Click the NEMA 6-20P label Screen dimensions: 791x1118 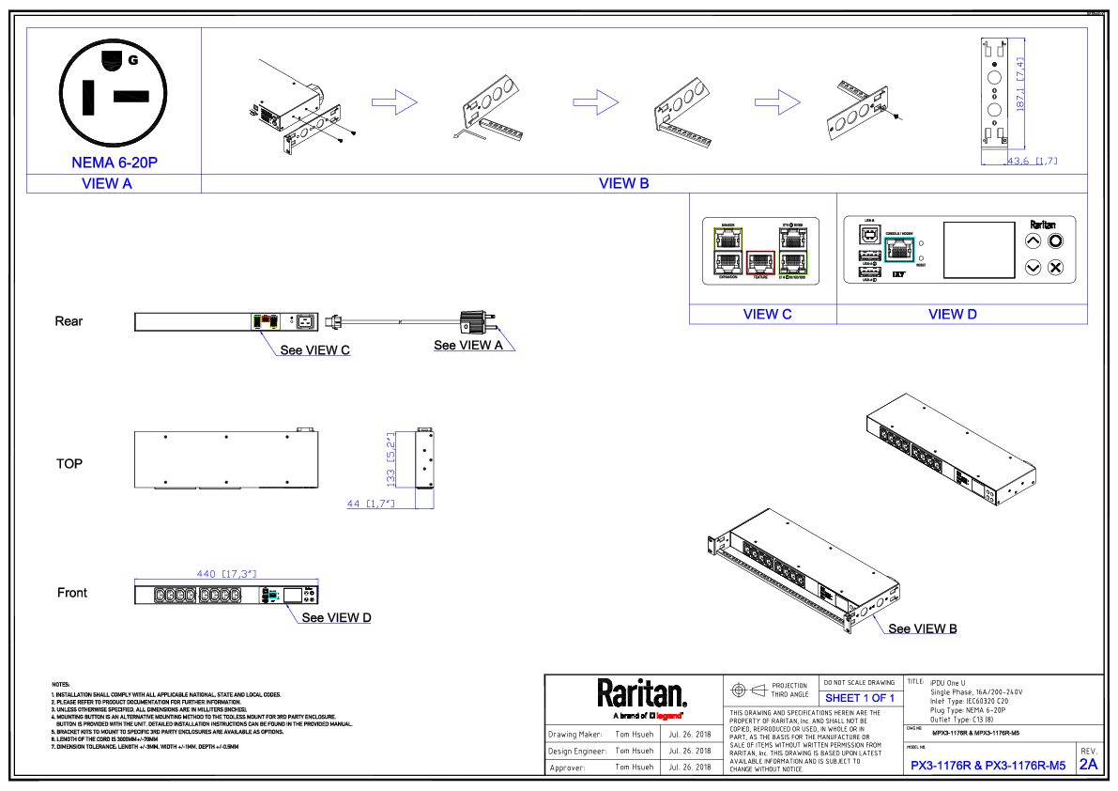click(115, 163)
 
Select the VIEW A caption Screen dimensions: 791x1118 click(107, 184)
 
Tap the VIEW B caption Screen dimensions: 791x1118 click(624, 184)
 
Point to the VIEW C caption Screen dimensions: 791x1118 click(768, 315)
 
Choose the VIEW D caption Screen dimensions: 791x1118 click(953, 315)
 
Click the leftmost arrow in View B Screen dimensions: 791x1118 click(394, 102)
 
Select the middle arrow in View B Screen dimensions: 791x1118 click(596, 102)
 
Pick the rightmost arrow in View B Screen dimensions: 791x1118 click(777, 102)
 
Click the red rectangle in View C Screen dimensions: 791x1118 click(760, 262)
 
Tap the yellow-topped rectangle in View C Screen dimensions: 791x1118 click(727, 251)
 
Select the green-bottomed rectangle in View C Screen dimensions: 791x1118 click(793, 251)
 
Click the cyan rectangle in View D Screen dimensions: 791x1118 click(899, 250)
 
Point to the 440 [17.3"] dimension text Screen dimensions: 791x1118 click(226, 574)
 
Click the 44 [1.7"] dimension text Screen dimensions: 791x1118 click(370, 504)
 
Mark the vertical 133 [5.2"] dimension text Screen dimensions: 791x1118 click(391, 459)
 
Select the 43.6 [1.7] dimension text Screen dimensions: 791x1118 click(1032, 162)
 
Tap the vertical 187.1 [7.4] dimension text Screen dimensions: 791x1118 click(1020, 85)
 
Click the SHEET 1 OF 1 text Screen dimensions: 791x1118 click(860, 698)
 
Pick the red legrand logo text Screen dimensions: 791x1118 click(668, 716)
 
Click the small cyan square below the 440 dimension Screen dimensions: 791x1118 click(272, 596)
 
